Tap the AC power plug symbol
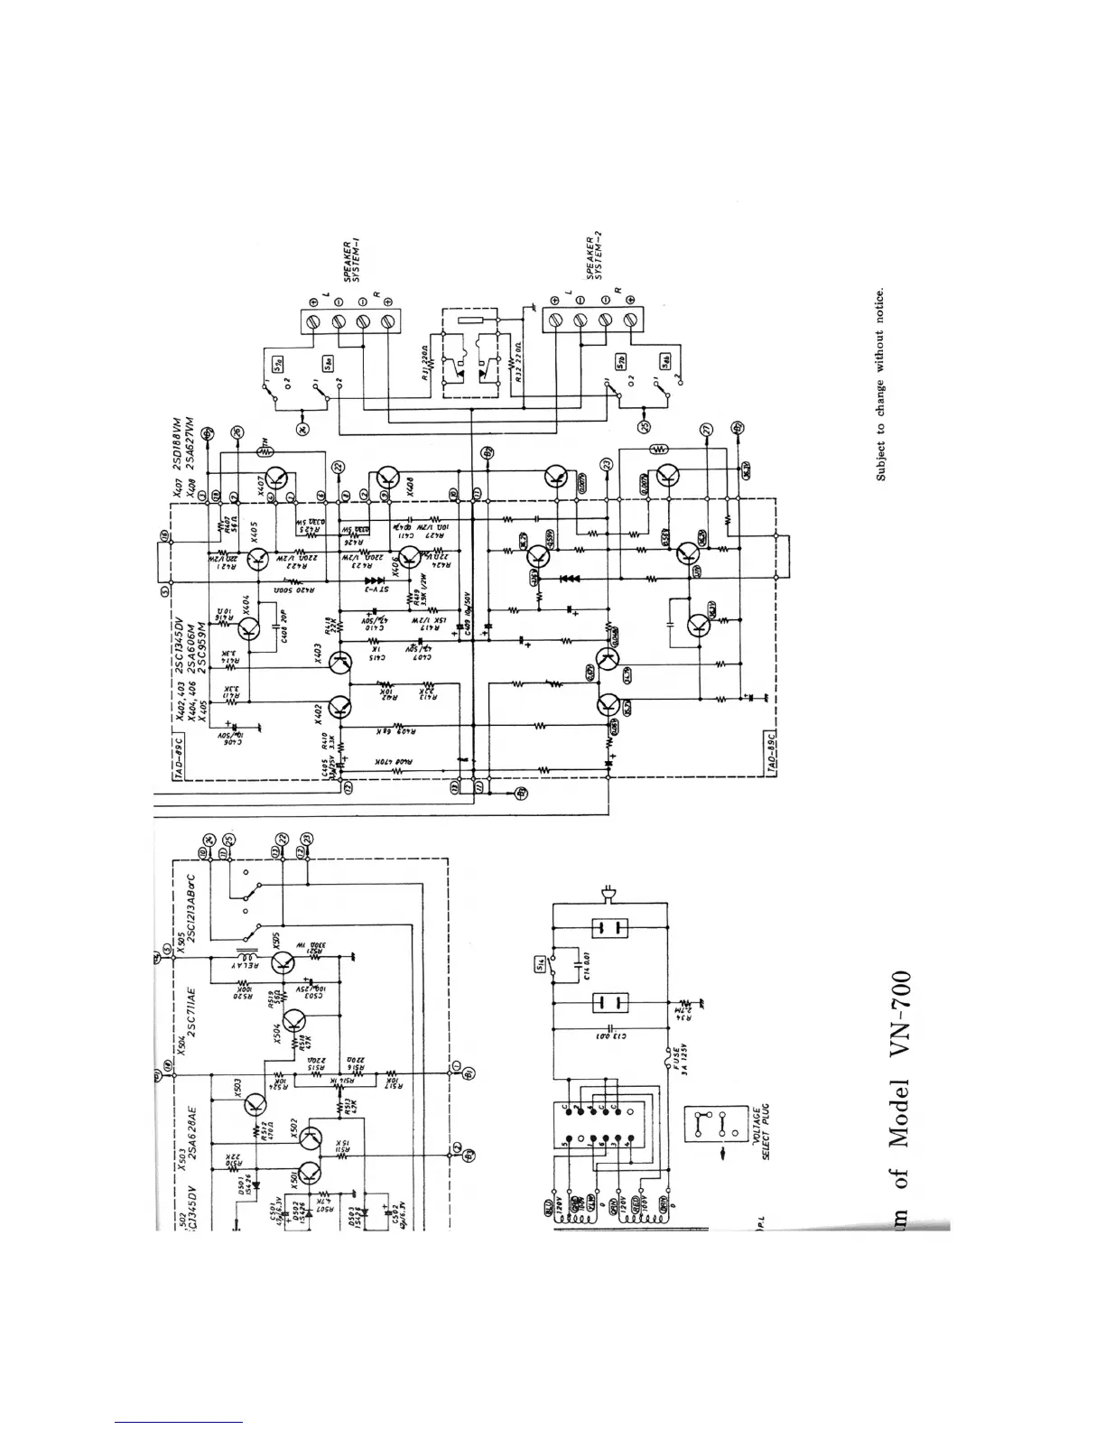610,896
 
